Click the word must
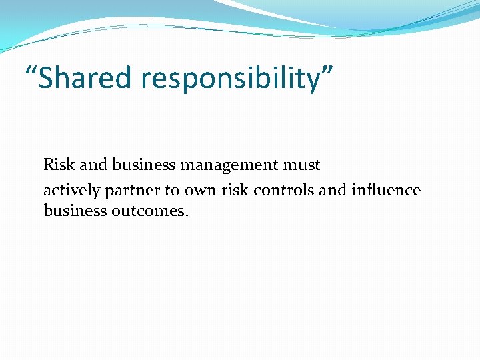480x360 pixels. tap(305, 165)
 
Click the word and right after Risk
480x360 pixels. tap(93, 164)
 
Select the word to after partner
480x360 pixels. tap(172, 191)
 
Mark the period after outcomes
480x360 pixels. tap(187, 215)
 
